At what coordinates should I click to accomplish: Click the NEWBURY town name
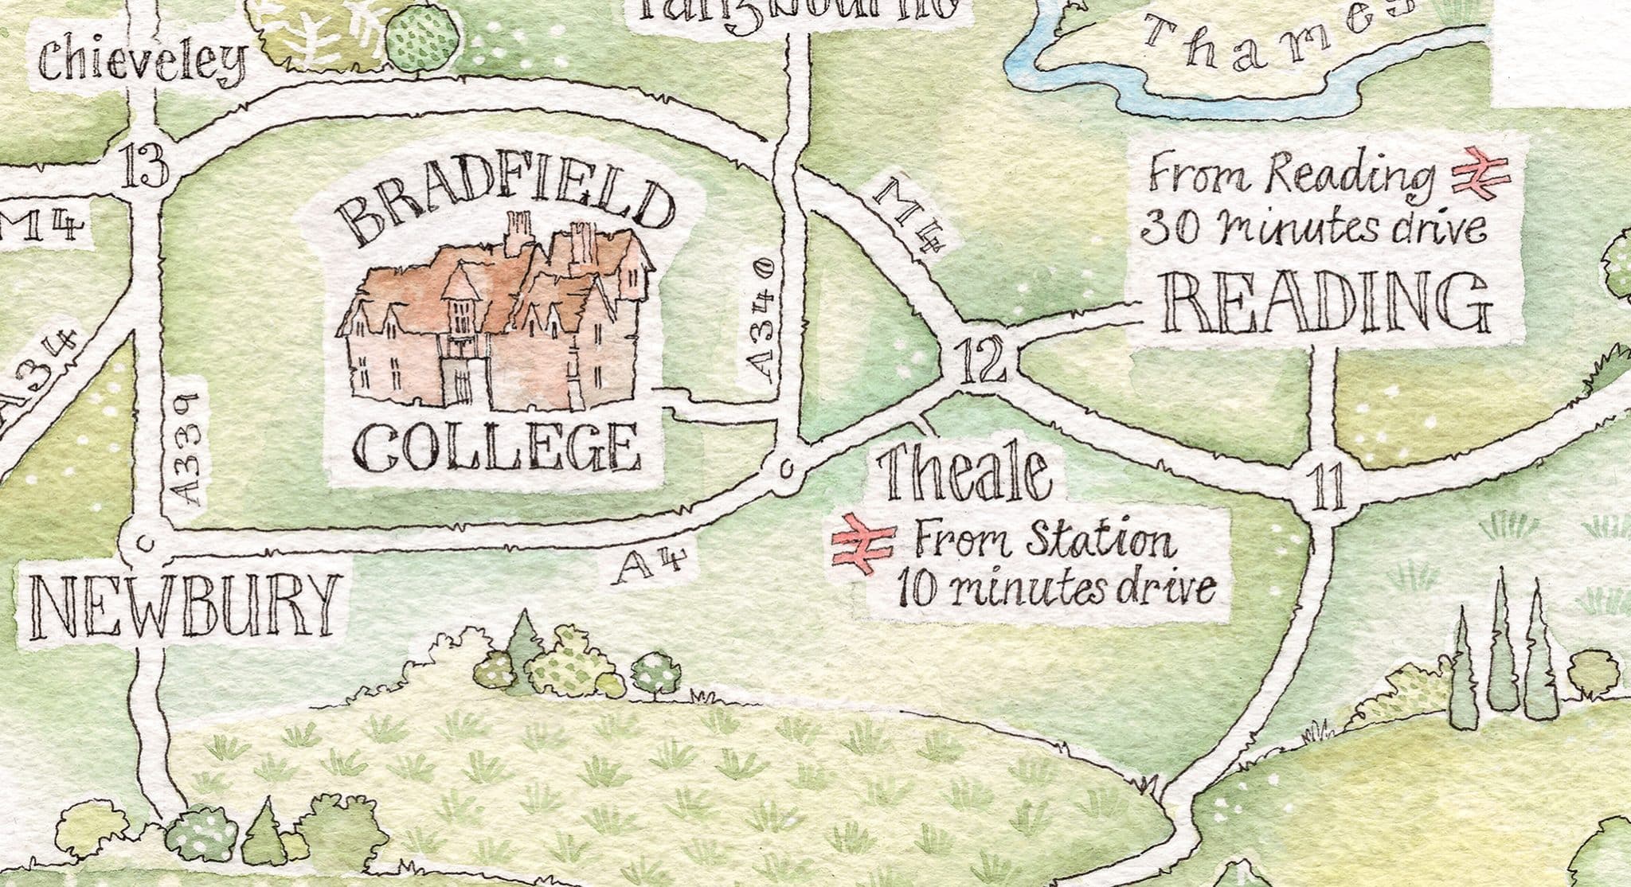point(182,606)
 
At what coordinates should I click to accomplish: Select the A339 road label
point(186,452)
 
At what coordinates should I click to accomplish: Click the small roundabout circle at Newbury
point(143,542)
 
